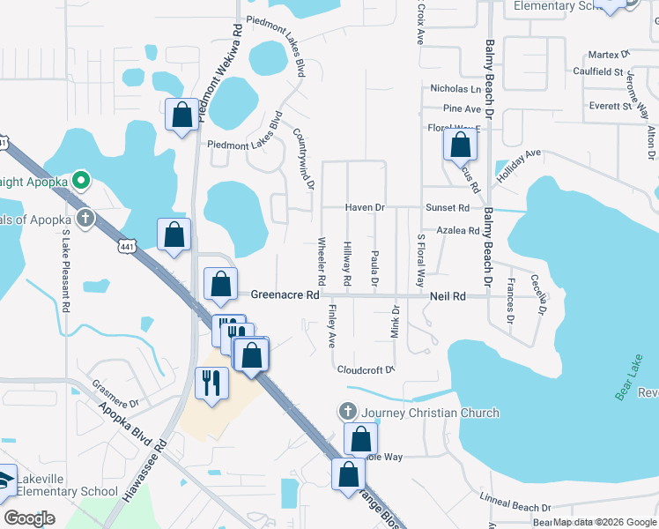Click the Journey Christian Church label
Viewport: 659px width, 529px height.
[430, 413]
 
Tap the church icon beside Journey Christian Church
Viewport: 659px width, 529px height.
[348, 412]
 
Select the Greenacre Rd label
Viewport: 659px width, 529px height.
[284, 295]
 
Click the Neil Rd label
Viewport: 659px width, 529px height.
[447, 297]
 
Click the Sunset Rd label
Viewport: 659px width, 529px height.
[448, 208]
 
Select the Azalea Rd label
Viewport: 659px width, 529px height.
[460, 231]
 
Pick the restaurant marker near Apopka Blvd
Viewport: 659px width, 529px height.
[211, 384]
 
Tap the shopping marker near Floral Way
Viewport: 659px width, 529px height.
[460, 145]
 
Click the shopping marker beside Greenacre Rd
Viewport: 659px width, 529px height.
[220, 285]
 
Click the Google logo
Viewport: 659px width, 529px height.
[29, 518]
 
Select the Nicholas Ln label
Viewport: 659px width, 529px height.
[455, 89]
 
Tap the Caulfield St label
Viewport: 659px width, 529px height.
[597, 71]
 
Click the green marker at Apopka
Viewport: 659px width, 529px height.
[82, 183]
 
